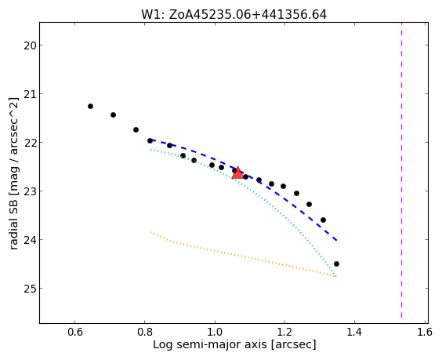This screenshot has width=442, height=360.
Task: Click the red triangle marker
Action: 237,173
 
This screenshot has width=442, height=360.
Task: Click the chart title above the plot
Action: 234,14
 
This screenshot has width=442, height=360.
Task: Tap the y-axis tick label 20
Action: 29,45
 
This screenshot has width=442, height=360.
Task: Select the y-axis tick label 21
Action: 29,94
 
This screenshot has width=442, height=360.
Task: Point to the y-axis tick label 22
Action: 29,143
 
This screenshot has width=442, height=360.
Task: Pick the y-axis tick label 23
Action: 29,191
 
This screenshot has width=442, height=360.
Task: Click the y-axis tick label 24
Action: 29,240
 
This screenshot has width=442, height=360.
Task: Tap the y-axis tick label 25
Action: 29,289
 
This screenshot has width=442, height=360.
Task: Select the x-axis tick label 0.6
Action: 75,332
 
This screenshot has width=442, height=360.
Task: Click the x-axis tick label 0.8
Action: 145,332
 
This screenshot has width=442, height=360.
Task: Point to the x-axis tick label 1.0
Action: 215,332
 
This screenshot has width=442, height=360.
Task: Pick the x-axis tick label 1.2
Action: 284,332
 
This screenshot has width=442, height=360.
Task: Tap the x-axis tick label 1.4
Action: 354,332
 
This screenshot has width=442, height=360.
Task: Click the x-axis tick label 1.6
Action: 425,332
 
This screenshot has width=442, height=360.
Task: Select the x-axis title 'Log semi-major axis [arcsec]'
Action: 234,345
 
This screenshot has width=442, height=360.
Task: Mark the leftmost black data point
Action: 90,107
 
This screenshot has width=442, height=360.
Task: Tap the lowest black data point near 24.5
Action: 336,264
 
